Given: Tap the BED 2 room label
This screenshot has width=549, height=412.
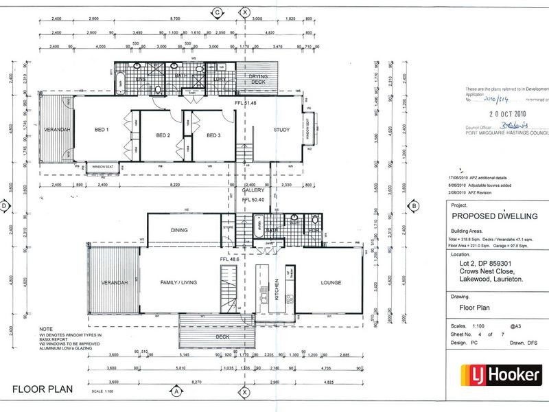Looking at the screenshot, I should tap(163, 135).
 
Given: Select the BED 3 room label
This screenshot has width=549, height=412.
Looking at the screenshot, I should tap(213, 135).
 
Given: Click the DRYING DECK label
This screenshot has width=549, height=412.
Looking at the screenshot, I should tap(257, 81).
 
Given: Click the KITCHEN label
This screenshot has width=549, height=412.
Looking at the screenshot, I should tap(277, 287).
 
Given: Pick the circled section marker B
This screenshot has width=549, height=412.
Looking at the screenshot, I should tap(414, 205).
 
